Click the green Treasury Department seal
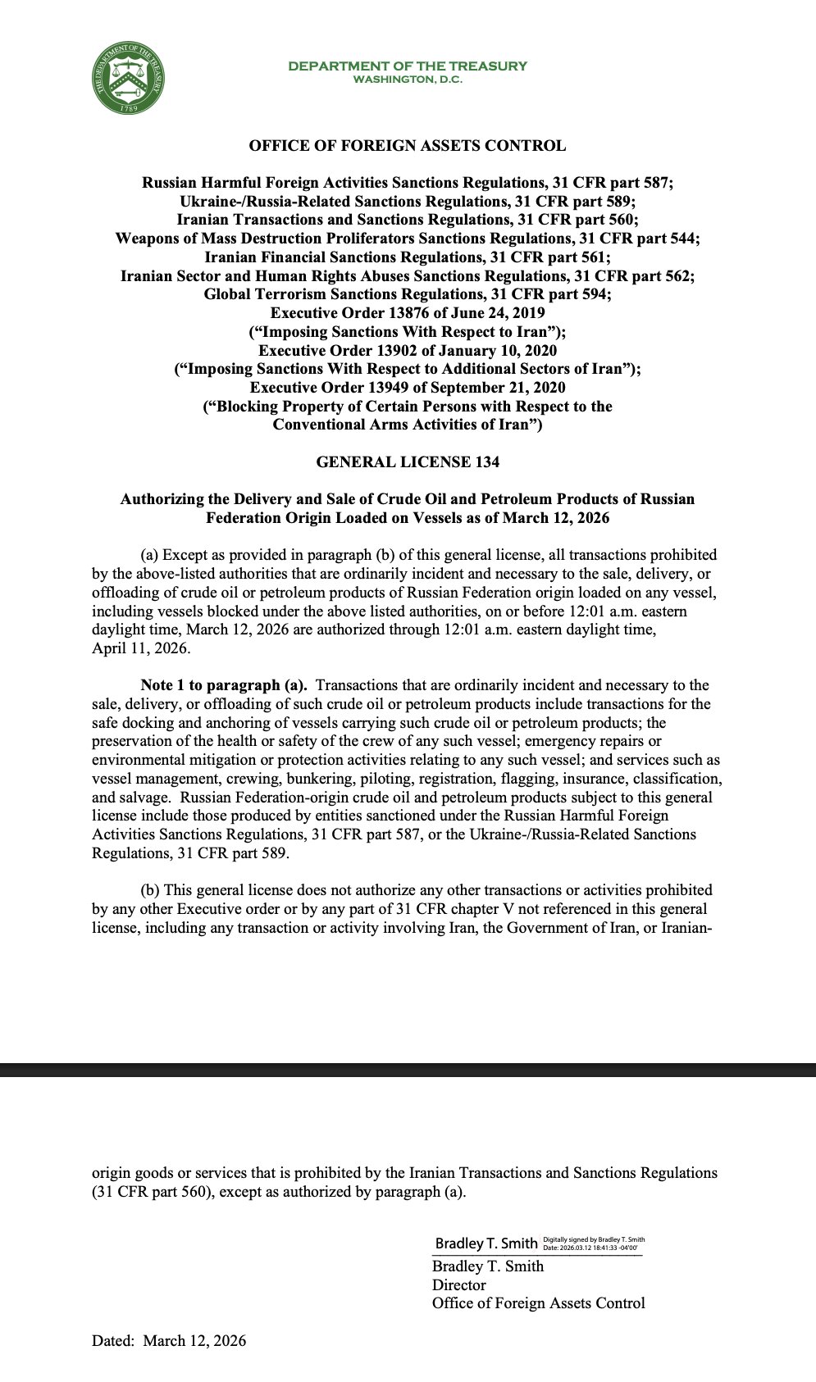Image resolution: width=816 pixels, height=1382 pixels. tap(127, 80)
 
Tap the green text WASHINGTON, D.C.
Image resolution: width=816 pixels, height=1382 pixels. tap(408, 80)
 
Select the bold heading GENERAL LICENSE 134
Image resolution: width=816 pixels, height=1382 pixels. tap(408, 462)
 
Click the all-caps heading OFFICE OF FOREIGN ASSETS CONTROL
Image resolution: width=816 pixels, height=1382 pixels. tap(408, 146)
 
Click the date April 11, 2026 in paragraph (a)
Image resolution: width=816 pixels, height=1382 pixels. tap(140, 648)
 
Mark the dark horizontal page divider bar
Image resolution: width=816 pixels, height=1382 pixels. tap(408, 1070)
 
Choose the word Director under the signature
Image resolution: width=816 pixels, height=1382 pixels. tap(459, 1285)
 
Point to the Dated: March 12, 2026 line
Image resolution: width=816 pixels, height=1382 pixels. tap(169, 1341)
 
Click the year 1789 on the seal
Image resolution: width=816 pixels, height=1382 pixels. tap(128, 107)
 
